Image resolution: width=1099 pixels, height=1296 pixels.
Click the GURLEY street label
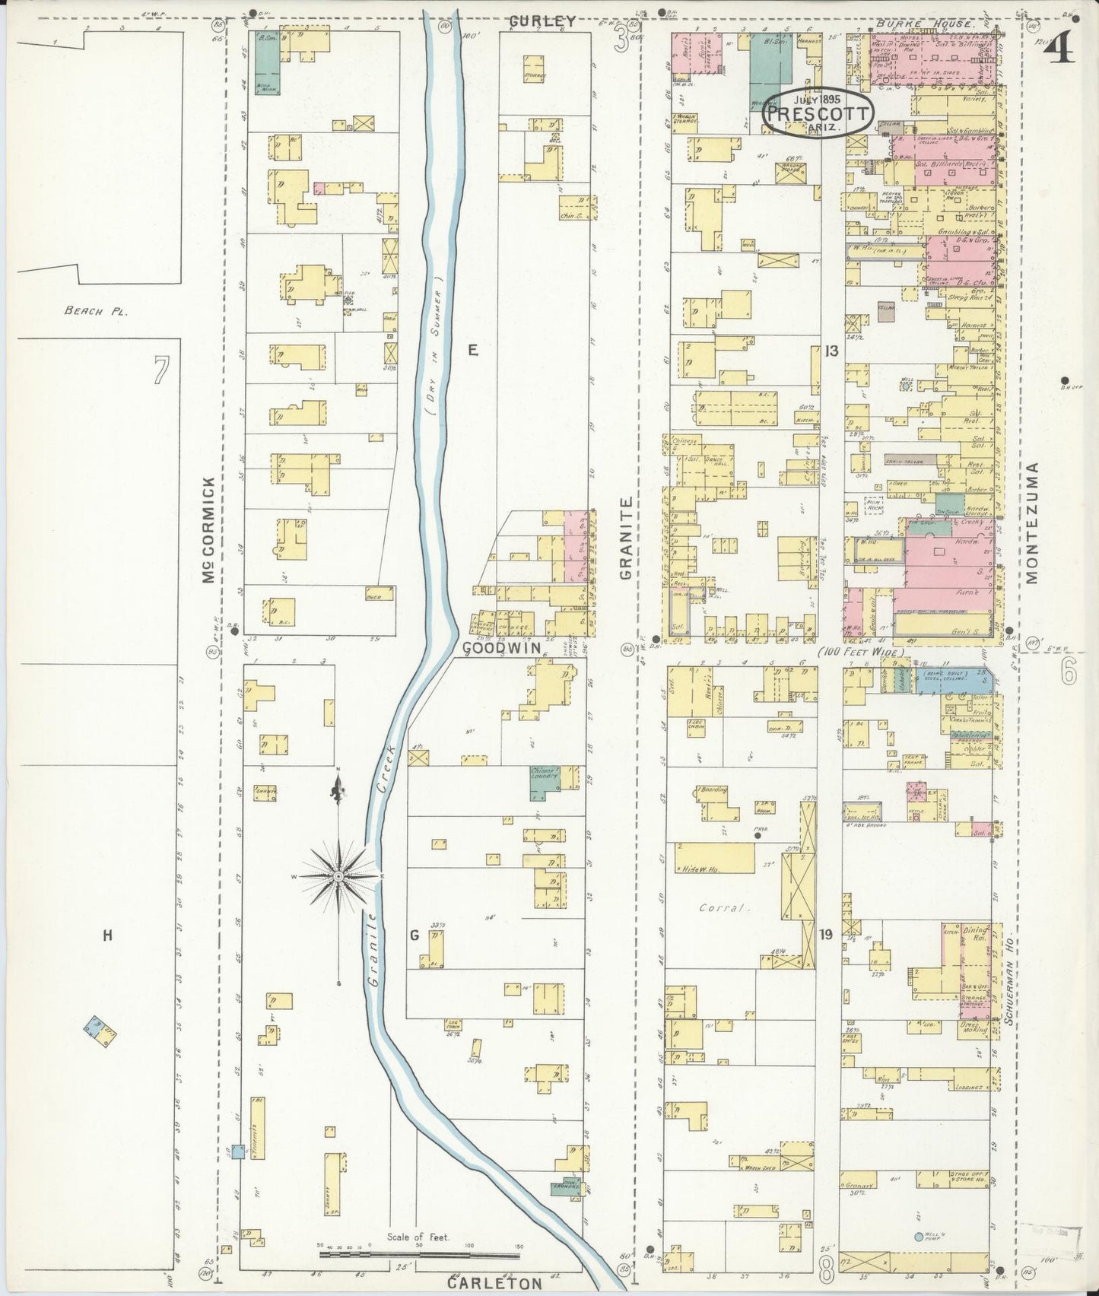[x=542, y=21]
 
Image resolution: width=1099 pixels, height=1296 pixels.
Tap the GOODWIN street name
[x=501, y=647]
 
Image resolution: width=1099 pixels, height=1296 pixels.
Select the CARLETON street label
[x=494, y=1283]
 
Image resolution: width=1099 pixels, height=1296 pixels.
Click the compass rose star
[x=338, y=877]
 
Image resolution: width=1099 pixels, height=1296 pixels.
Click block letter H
[x=107, y=935]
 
